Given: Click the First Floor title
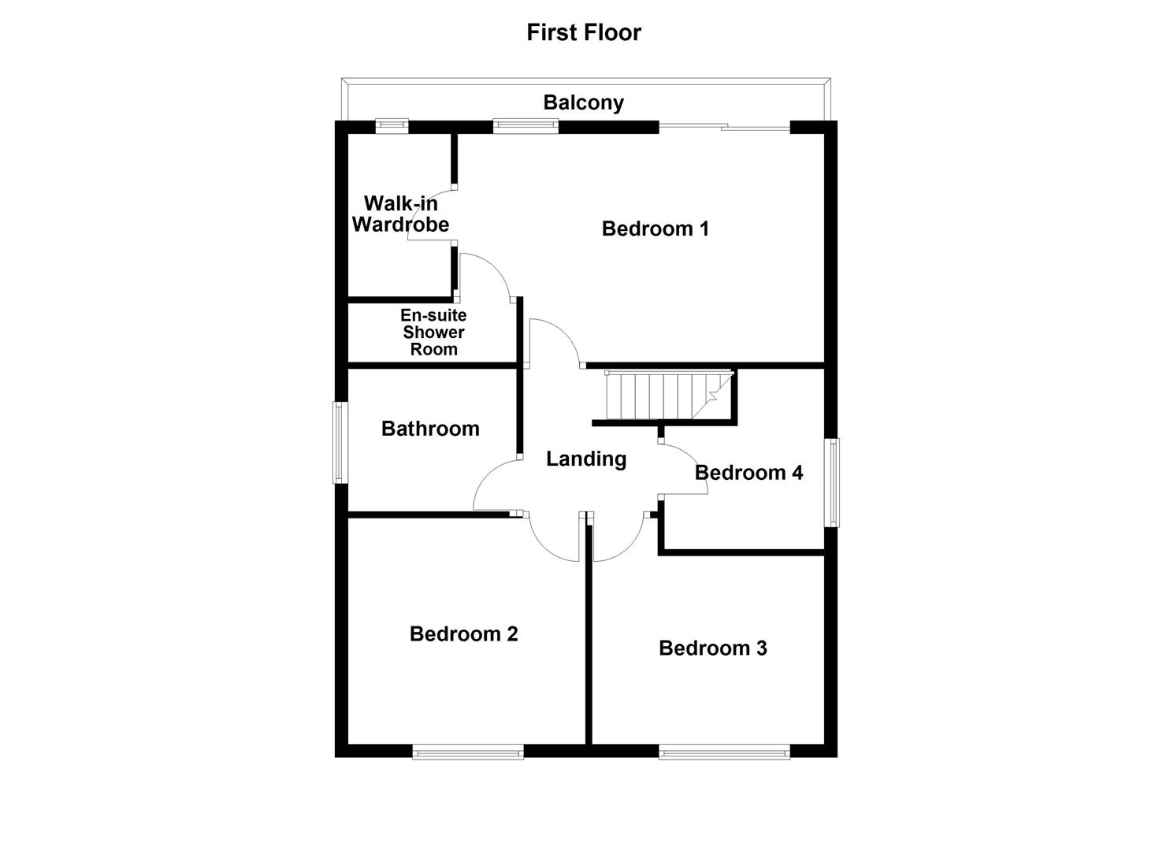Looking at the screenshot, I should coord(584,32).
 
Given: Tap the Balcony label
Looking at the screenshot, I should coord(583,102).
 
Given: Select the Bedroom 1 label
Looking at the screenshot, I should coord(655,229).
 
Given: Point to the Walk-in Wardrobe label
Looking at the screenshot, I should coord(400,214).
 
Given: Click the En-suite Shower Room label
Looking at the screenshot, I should coord(433,333).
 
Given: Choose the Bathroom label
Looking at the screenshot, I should coord(430,429).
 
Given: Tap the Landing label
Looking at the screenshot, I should coord(586,459).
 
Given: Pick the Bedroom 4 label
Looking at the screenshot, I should coord(748,473).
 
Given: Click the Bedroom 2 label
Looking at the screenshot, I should coord(463,634).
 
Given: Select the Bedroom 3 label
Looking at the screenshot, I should coord(712,648).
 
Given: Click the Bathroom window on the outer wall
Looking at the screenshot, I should coord(340,442).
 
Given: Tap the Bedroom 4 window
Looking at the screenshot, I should coord(832,482).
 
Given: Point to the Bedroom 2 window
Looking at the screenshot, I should coord(468,753).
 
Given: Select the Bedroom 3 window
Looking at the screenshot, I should coord(723,753).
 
